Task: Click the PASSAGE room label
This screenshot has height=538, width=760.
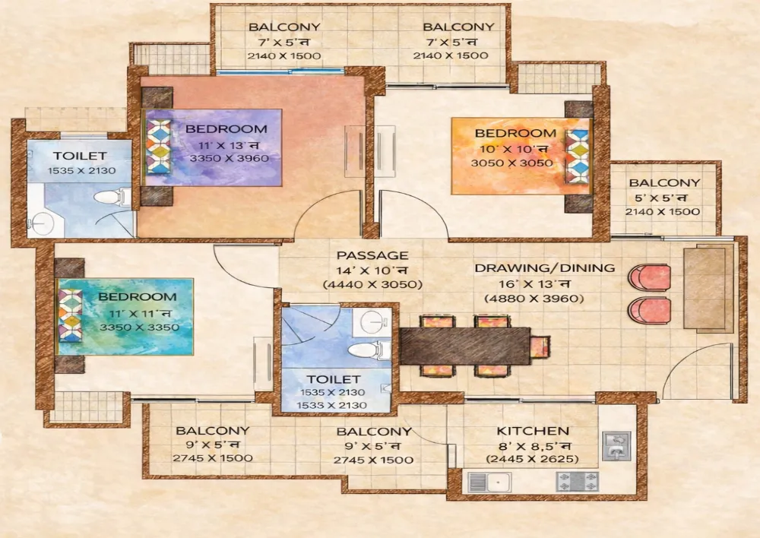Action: coord(372,255)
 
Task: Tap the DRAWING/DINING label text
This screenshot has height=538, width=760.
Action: coord(545,268)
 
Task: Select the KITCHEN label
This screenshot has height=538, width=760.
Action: coord(533,430)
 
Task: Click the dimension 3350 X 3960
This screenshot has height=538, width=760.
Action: coord(230,158)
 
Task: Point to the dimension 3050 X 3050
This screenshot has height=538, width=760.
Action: coord(511,163)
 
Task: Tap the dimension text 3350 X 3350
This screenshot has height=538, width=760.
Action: coord(140,328)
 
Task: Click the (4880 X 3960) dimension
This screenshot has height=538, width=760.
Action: coord(534,298)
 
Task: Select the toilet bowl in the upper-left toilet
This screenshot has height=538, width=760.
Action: coord(112,198)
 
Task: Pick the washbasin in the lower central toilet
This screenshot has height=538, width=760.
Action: coord(372,321)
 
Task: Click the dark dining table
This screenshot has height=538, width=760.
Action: coord(465,346)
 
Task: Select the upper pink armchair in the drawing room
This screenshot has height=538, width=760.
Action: coord(650,277)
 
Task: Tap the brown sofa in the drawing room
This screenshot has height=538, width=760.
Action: coord(709,289)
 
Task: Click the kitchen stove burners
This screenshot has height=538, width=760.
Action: coord(578,481)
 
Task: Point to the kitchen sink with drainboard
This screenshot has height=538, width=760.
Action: coord(489,483)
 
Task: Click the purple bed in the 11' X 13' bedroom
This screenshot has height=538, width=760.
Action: coord(214,147)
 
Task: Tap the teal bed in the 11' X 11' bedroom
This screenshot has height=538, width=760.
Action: coord(125,317)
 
